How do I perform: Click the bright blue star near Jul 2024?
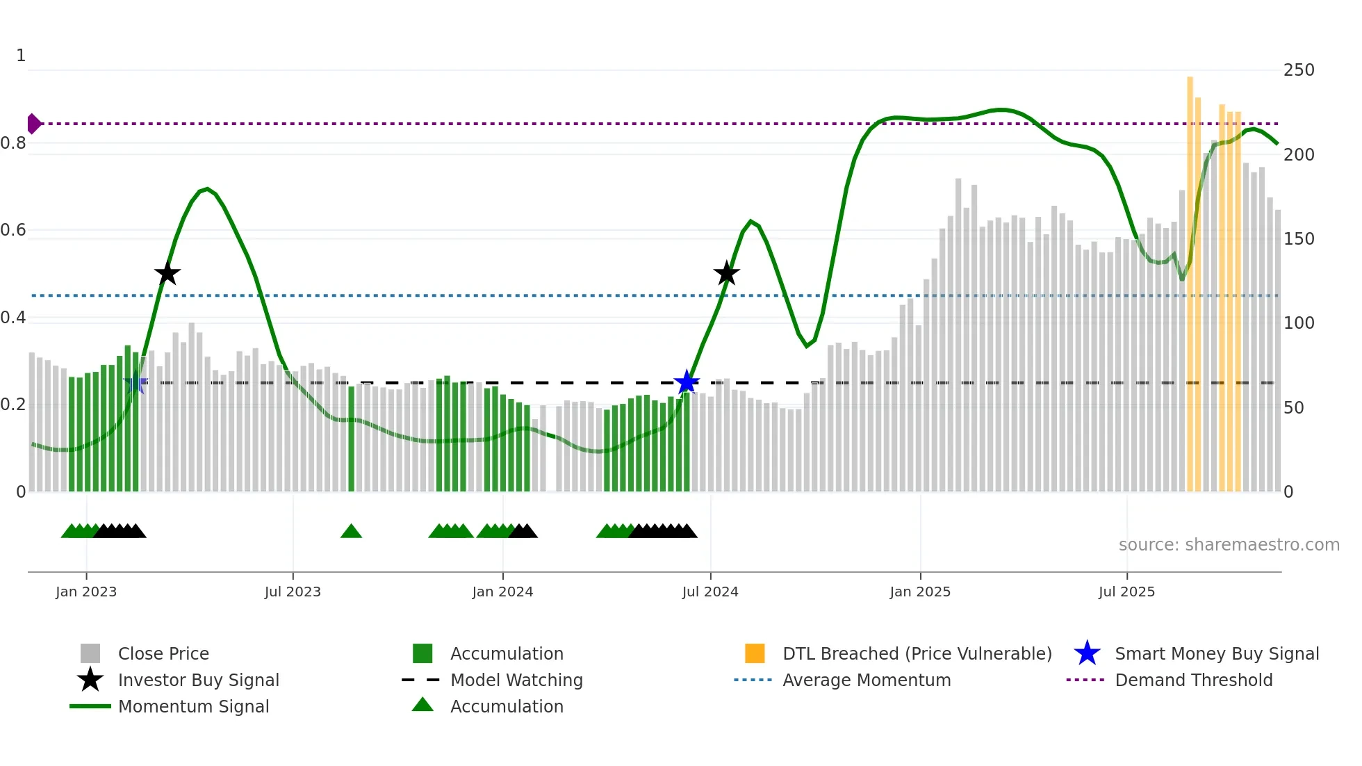[x=687, y=382]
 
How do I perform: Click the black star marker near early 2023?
[x=167, y=274]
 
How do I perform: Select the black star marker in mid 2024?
[x=726, y=274]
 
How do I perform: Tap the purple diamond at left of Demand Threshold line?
[x=33, y=124]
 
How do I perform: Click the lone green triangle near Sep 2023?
[x=351, y=532]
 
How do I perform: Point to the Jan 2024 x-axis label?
[x=502, y=592]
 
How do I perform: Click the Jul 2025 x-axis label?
[x=1126, y=592]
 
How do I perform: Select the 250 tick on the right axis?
[x=1299, y=70]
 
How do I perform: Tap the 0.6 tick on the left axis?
[x=14, y=230]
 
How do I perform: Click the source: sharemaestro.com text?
[x=1229, y=545]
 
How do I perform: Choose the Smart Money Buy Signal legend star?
[x=1087, y=653]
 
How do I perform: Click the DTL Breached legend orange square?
[x=755, y=653]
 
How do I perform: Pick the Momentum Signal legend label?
[x=193, y=706]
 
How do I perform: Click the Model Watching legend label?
[x=516, y=680]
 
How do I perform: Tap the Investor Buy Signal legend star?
[x=90, y=680]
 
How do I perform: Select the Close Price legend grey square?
[x=90, y=653]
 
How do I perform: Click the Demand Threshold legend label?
[x=1193, y=680]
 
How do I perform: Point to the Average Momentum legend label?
[x=867, y=680]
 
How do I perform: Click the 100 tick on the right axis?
[x=1299, y=323]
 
